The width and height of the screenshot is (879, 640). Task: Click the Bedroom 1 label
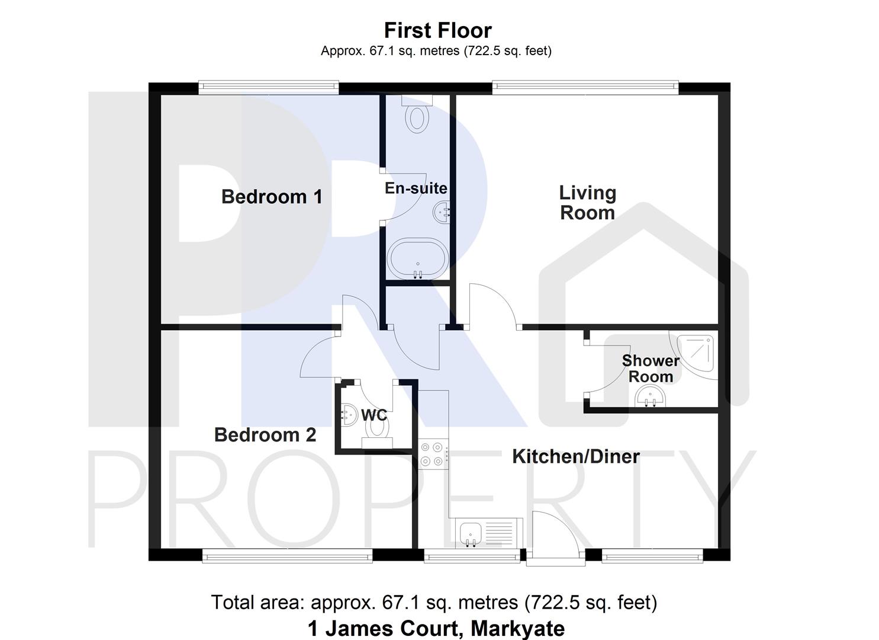(272, 197)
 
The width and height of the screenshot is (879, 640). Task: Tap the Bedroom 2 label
(265, 435)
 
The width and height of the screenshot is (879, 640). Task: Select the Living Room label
(587, 203)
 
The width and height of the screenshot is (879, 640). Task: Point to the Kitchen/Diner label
(575, 457)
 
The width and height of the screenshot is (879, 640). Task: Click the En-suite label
(416, 188)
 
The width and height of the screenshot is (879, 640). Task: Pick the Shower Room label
(651, 369)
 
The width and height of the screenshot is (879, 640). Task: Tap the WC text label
(374, 414)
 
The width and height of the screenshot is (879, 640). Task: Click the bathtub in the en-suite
(417, 259)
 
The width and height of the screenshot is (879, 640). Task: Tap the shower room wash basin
(649, 396)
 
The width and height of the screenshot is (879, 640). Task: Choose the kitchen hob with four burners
(432, 454)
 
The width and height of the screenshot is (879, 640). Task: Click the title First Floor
(437, 30)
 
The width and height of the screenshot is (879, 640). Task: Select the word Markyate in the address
(517, 628)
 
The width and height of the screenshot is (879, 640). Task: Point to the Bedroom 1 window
(269, 88)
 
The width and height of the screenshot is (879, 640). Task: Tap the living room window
(585, 88)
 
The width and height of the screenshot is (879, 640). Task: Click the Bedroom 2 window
(287, 555)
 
